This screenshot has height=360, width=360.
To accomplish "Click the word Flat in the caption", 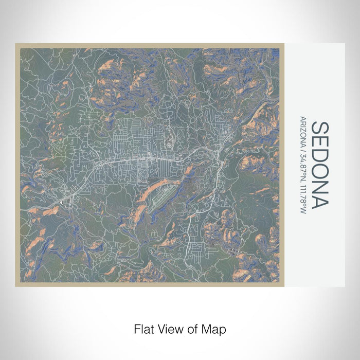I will pyautogui.click(x=143, y=328).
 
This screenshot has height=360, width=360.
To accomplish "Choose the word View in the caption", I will pyautogui.click(x=167, y=328).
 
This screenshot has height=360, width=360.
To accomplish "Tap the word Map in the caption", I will pyautogui.click(x=215, y=328).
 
